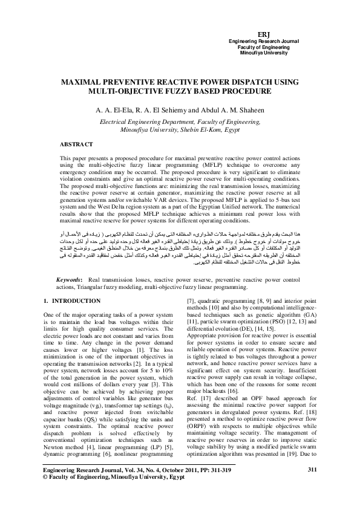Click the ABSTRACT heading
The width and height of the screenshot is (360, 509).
click(x=76, y=144)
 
